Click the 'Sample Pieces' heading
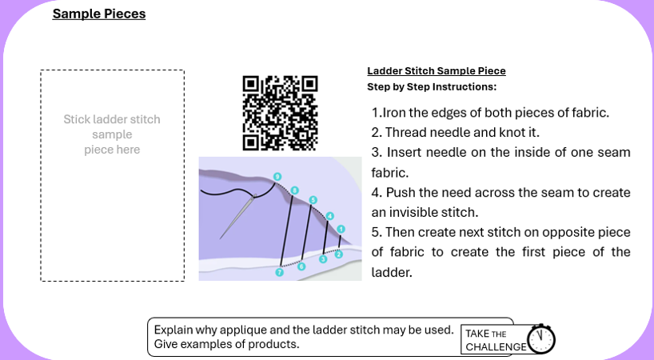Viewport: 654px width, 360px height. click(99, 14)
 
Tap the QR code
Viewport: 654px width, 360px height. click(281, 113)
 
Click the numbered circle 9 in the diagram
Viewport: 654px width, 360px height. click(277, 177)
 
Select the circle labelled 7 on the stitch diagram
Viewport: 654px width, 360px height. click(280, 272)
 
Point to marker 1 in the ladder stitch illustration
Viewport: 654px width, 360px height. click(341, 229)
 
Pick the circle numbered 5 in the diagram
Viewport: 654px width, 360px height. click(313, 200)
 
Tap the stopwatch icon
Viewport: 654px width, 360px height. click(541, 338)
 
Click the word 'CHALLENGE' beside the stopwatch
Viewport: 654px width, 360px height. click(496, 347)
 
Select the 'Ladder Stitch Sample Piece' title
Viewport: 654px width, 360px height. click(437, 71)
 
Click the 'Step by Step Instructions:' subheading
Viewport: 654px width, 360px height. click(432, 86)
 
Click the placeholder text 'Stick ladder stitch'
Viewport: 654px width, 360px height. click(112, 119)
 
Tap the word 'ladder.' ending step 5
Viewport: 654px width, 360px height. click(392, 272)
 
